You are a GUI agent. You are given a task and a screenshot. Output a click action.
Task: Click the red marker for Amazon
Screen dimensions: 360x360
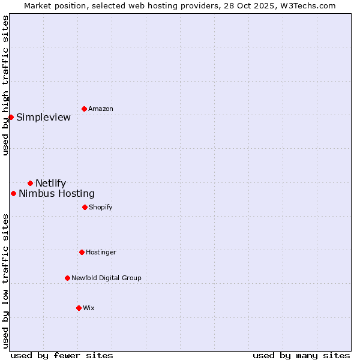tap(84, 109)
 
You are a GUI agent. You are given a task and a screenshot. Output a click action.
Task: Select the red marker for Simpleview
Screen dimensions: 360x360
tap(11, 117)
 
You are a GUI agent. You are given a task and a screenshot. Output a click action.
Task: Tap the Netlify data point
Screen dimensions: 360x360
tap(30, 183)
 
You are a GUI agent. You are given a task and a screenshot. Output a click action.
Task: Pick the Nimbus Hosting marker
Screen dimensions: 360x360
tap(13, 193)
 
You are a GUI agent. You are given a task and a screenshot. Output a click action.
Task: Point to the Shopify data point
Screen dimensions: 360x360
tap(85, 207)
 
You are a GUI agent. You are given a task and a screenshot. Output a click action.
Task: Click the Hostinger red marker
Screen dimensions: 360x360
tap(82, 252)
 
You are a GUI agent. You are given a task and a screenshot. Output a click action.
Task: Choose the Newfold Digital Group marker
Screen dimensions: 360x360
tap(67, 278)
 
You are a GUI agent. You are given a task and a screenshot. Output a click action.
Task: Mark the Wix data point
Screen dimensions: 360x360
tap(79, 308)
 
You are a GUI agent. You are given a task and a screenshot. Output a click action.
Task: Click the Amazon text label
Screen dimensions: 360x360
tap(101, 109)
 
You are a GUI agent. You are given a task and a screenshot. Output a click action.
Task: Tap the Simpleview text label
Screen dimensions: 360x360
tap(43, 117)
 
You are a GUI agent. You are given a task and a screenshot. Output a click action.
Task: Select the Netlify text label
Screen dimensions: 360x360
tap(51, 183)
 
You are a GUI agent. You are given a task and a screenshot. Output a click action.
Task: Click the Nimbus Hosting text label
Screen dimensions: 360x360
tap(56, 193)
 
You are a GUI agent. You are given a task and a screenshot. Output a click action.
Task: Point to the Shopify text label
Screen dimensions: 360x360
tap(101, 207)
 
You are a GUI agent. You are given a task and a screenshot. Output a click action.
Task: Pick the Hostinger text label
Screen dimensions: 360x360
tap(101, 252)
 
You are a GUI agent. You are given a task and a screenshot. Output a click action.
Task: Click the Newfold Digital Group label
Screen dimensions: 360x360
tap(106, 278)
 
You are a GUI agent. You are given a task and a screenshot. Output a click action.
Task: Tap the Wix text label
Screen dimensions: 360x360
tap(89, 308)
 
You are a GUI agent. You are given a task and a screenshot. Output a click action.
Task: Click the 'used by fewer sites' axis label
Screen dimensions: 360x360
tap(62, 355)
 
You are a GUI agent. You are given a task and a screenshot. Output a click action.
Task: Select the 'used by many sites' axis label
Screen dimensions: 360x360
tap(301, 355)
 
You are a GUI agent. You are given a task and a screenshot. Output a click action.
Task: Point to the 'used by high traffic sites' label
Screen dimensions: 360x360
tap(5, 85)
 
